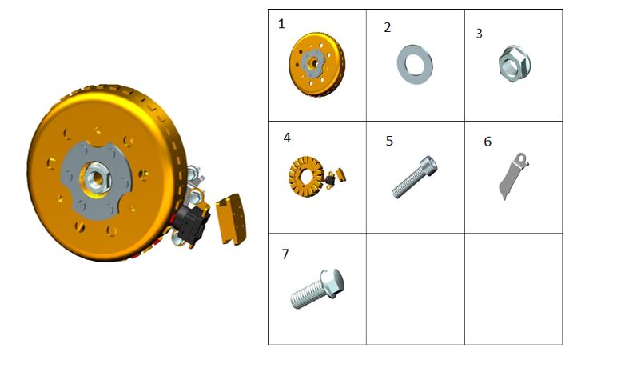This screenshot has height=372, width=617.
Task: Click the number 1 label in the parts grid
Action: pos(281,24)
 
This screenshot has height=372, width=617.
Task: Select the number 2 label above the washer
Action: pos(388,27)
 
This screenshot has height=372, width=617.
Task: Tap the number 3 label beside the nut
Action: pos(480,34)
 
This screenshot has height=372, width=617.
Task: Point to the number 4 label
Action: pos(287,138)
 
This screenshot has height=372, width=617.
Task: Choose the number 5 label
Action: pos(389,141)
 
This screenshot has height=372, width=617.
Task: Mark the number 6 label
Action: pos(488,142)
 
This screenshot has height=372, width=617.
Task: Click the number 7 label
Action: pos(285,254)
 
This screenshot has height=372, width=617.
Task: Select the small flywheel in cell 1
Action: pos(316,64)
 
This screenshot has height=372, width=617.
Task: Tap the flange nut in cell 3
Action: pos(514,64)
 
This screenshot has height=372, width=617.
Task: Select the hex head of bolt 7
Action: pos(332,283)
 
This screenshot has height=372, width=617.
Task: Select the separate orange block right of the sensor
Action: pos(231,218)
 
